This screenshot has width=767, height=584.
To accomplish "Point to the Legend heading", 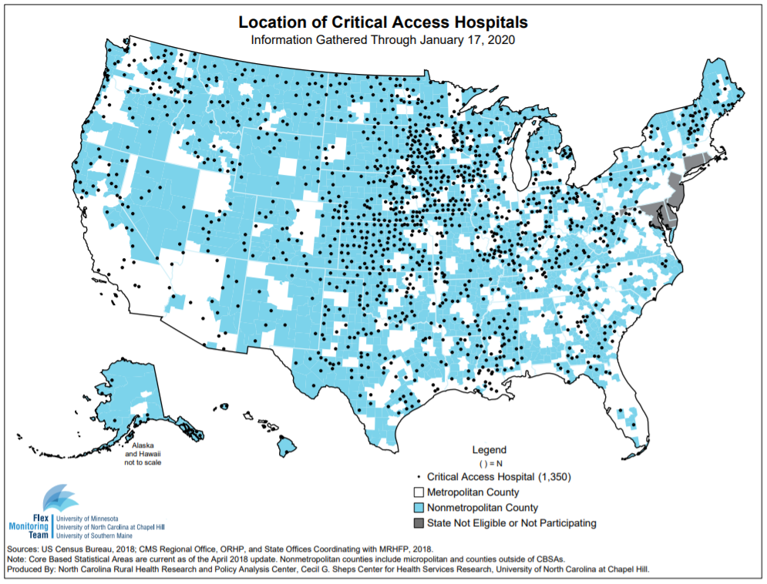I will pos(489,450).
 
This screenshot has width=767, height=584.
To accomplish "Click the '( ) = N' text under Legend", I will pos(489,464).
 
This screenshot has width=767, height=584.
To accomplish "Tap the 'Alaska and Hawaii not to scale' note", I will pos(143,454).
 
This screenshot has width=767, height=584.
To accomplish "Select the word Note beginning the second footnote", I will pos(17,559).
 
